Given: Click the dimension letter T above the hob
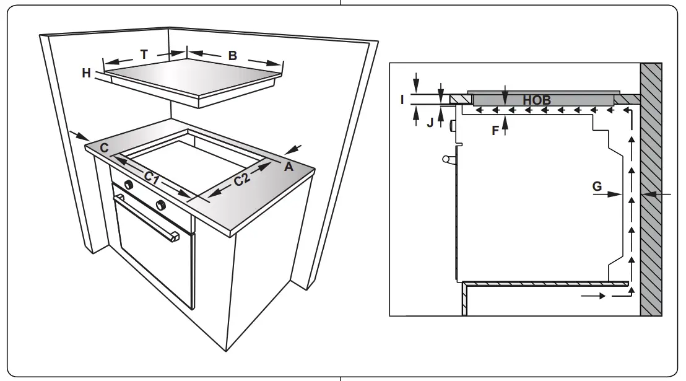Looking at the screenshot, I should tap(144, 55).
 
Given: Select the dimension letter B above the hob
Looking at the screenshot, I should tap(232, 56).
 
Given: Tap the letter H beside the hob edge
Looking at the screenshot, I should tap(86, 73).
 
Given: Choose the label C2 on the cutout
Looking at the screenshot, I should tap(242, 180).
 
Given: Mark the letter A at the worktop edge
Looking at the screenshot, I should tap(288, 165).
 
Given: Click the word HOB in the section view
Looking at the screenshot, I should tap(537, 99).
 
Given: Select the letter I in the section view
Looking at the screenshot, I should tap(402, 99).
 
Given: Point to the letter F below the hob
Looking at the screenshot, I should tap(495, 130).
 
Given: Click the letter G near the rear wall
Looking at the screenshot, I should tap(597, 185).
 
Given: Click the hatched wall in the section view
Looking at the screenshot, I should tap(651, 186).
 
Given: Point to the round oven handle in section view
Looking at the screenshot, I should tap(446, 160).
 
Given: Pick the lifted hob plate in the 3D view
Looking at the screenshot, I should tap(192, 81).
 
